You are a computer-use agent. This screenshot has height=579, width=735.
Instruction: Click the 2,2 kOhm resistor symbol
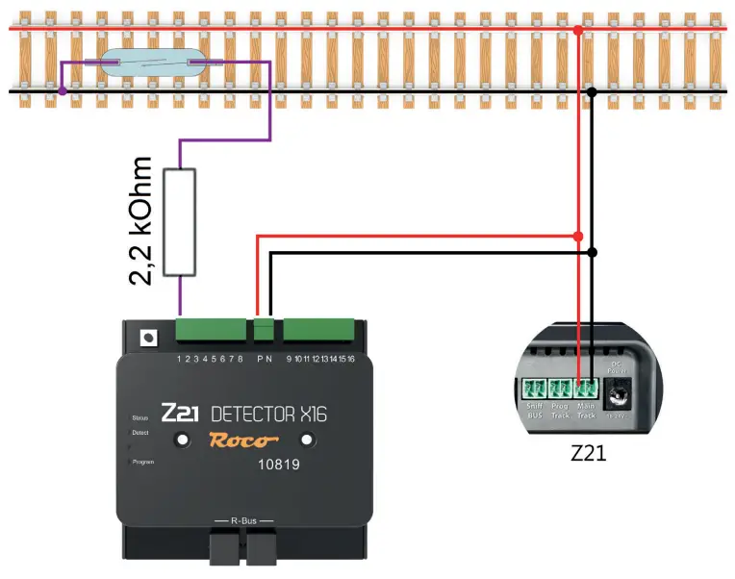point(180,222)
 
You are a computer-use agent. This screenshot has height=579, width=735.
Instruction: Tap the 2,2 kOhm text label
point(143,221)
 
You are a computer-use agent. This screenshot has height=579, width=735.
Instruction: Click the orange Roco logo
point(244,441)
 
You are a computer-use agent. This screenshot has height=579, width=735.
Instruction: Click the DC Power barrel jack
point(619,393)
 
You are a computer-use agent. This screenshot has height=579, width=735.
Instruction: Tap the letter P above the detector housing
point(260,359)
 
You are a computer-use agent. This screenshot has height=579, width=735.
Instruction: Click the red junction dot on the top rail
point(578,31)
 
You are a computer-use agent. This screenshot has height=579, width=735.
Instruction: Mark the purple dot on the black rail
point(63,91)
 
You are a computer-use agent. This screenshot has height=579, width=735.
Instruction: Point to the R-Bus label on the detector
point(243,520)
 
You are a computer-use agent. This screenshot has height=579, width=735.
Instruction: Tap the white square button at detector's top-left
point(148,338)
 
